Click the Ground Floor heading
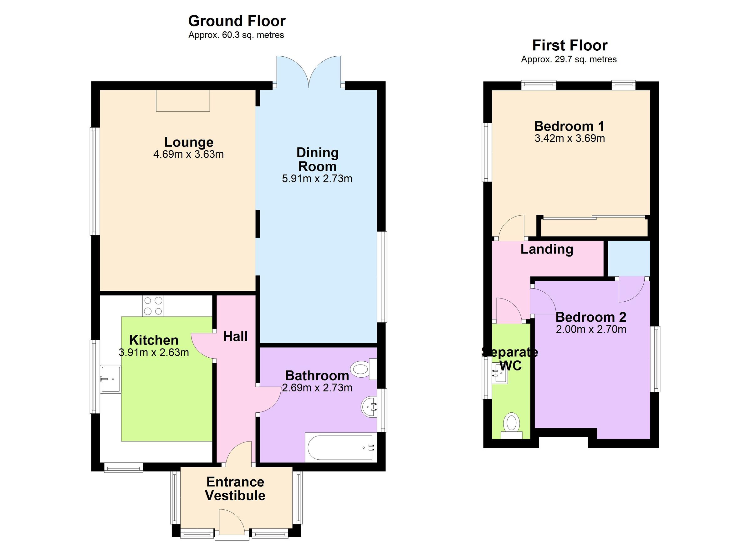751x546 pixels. pos(237,21)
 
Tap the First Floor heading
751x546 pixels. pos(570,45)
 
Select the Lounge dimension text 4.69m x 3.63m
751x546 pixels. pos(188,154)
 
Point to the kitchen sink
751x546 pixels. pos(110,379)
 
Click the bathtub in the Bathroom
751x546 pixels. pos(340,448)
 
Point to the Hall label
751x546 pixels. pos(235,337)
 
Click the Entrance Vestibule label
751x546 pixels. pos(235,489)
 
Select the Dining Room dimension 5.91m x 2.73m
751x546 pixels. pos(317,179)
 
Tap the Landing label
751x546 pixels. pos(546,249)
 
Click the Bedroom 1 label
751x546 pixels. pos(569,126)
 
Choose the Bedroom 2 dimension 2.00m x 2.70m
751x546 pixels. pos(591,329)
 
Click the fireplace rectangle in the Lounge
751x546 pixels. pos(183,101)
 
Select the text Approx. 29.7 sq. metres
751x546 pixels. pos(569,59)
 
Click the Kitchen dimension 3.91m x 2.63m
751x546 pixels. pos(154,353)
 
